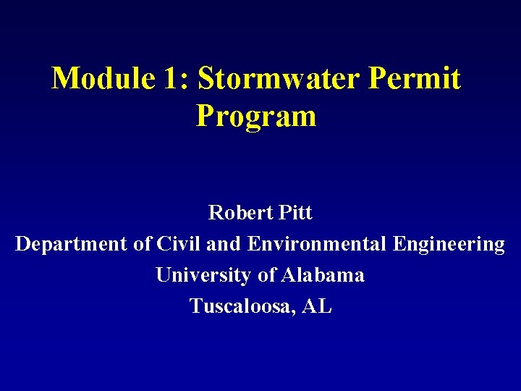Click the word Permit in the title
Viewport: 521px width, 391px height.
pos(414,79)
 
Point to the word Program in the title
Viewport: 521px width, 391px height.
pos(256,116)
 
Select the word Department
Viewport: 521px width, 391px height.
pos(72,245)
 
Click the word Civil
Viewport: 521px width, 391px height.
pos(178,244)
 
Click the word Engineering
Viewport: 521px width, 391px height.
pos(449,245)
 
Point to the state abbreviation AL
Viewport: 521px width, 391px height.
pos(318,306)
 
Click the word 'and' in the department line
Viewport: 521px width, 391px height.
pos(223,244)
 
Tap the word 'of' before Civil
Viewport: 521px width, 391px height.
pos(142,244)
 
